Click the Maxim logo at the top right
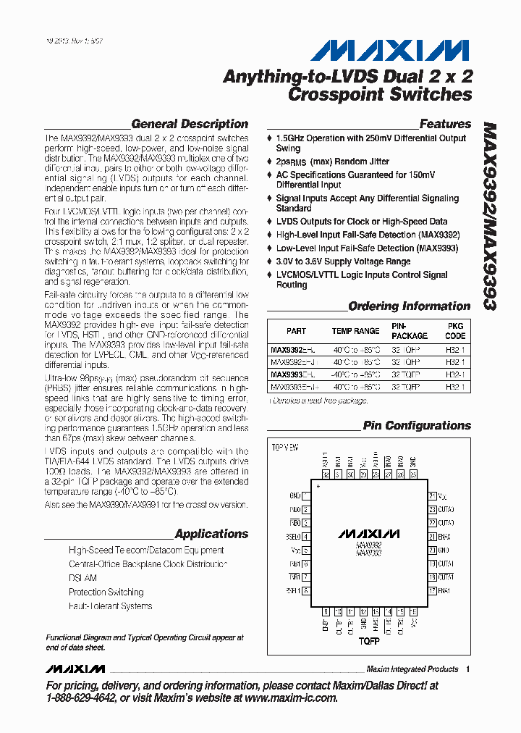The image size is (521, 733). tap(390, 50)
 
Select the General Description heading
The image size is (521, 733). tap(190, 124)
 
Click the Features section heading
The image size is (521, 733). tap(445, 124)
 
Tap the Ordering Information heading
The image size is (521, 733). tap(410, 306)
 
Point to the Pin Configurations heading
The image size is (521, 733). tap(417, 426)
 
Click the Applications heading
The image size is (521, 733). tap(211, 534)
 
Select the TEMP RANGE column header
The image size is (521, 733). tap(355, 331)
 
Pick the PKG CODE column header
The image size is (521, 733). tap(455, 331)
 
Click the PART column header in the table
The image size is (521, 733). tap(296, 331)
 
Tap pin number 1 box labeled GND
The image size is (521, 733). tap(306, 496)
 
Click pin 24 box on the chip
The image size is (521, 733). tap(432, 496)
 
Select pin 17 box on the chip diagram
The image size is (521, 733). tap(432, 590)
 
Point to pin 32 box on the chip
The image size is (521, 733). tap(326, 475)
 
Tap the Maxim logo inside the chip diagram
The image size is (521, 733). tap(369, 534)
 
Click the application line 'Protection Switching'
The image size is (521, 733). tap(106, 592)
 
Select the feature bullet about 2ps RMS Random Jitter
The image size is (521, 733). tap(332, 162)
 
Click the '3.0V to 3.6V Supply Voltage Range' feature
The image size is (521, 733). tap(343, 261)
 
